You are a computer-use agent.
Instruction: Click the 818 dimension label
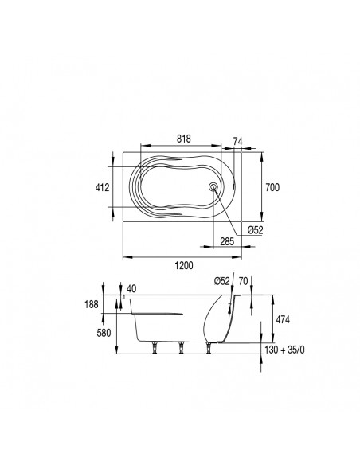coord(183,139)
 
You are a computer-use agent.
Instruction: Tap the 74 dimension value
coord(237,141)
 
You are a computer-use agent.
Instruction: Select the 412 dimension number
coord(102,187)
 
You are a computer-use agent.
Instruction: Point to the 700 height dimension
coord(272,187)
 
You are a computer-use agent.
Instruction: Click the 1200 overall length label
coord(183,265)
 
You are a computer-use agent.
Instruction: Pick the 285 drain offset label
coord(227,241)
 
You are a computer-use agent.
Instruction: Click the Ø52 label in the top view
coord(256,230)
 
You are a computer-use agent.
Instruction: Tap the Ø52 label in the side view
coord(222,281)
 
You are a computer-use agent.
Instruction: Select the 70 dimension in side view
coord(243,281)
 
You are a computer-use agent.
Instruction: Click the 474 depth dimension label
coord(283,320)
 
